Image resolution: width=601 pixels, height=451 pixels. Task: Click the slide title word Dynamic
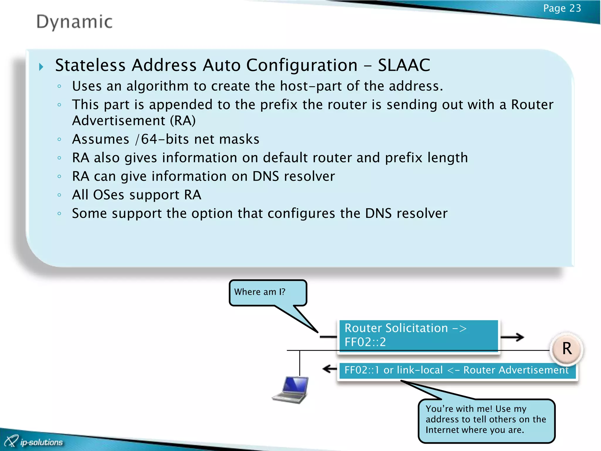(x=74, y=22)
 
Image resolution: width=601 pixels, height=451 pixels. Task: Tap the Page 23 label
(x=562, y=8)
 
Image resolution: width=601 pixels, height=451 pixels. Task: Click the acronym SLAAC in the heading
(x=404, y=65)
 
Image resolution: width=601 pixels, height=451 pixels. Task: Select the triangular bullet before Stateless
(x=41, y=67)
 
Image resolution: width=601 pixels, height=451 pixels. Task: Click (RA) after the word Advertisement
(x=183, y=121)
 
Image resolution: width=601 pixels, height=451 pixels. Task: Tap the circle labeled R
(x=567, y=349)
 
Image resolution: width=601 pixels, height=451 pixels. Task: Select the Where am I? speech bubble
(x=267, y=292)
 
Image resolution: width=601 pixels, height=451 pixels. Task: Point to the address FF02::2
(x=365, y=342)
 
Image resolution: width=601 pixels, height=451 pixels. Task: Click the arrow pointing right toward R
(x=512, y=337)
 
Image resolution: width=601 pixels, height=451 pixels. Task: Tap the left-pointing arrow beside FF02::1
(x=329, y=369)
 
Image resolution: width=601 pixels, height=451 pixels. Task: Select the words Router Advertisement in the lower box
(x=516, y=370)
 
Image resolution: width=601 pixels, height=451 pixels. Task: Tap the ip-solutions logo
(x=34, y=442)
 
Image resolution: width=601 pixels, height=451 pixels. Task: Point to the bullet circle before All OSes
(x=60, y=195)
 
